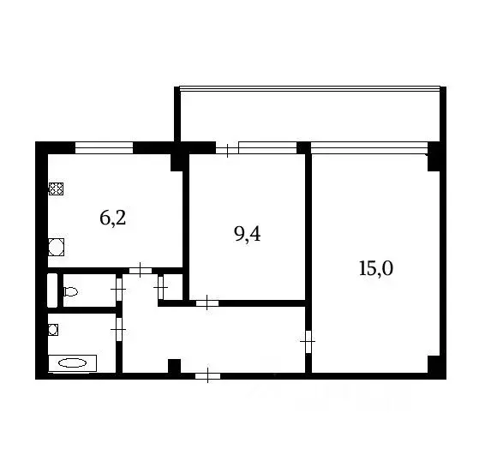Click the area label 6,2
tap(113, 218)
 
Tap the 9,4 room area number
tap(247, 234)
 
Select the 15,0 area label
tap(375, 268)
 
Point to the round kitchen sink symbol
tap(57, 248)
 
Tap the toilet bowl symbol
tap(70, 291)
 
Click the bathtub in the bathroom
tap(72, 363)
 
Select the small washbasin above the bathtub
tap(53, 328)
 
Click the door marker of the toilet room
tap(118, 290)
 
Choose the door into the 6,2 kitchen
tap(139, 271)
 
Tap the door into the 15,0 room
tap(308, 343)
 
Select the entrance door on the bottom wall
tap(207, 374)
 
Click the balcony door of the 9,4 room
tap(226, 149)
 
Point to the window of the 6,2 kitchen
tap(104, 147)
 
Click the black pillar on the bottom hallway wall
tap(174, 367)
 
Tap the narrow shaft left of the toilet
tap(52, 290)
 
